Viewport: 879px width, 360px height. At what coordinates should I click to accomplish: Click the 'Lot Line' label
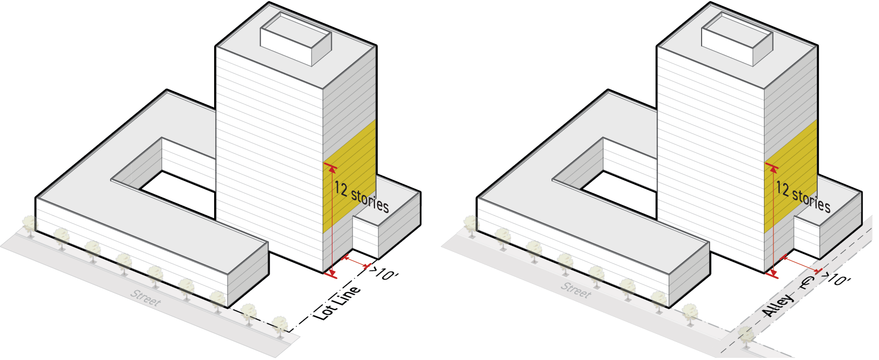tap(337, 302)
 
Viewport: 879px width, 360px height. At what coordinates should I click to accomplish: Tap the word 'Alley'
tap(777, 305)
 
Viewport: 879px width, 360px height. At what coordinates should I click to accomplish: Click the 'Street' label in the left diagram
tap(145, 298)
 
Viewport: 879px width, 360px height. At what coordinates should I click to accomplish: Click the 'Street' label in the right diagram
tap(576, 290)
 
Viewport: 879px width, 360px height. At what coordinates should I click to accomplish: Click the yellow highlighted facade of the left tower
tap(349, 176)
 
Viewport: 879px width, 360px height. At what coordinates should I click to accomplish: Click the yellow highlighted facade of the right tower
tap(791, 176)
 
